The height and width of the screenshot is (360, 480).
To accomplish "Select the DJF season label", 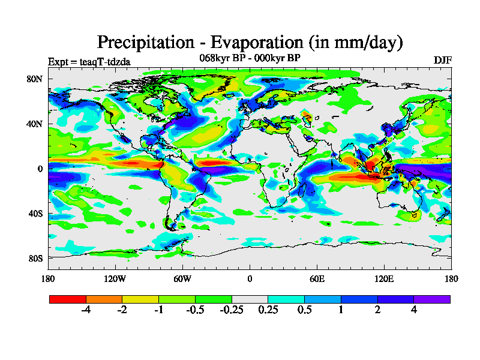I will [442, 60].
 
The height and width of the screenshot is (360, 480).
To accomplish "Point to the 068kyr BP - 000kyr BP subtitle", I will [250, 58].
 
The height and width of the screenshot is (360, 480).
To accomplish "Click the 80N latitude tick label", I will [35, 79].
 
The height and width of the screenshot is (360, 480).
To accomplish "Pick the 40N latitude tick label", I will [35, 124].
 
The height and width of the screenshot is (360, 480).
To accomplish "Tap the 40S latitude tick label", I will [35, 214].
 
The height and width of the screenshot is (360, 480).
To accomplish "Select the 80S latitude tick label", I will [35, 259].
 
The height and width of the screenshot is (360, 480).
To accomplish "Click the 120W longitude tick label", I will [115, 278].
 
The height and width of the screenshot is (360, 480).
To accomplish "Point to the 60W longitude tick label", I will [182, 278].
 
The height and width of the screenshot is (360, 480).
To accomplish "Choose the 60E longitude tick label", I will [317, 278].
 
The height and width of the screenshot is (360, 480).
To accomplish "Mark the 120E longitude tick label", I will [384, 278].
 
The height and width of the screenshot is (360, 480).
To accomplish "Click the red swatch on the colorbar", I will [68, 299].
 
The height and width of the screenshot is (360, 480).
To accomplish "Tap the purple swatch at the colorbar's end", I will [432, 299].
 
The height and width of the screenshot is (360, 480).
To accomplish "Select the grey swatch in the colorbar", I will [250, 299].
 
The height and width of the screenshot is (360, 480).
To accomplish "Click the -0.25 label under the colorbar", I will [232, 310].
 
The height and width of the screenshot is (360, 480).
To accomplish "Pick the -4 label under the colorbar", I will [86, 310].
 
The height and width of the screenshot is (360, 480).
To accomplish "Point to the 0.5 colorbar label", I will [304, 310].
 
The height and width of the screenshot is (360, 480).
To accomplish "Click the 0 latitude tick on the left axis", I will [40, 169].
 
